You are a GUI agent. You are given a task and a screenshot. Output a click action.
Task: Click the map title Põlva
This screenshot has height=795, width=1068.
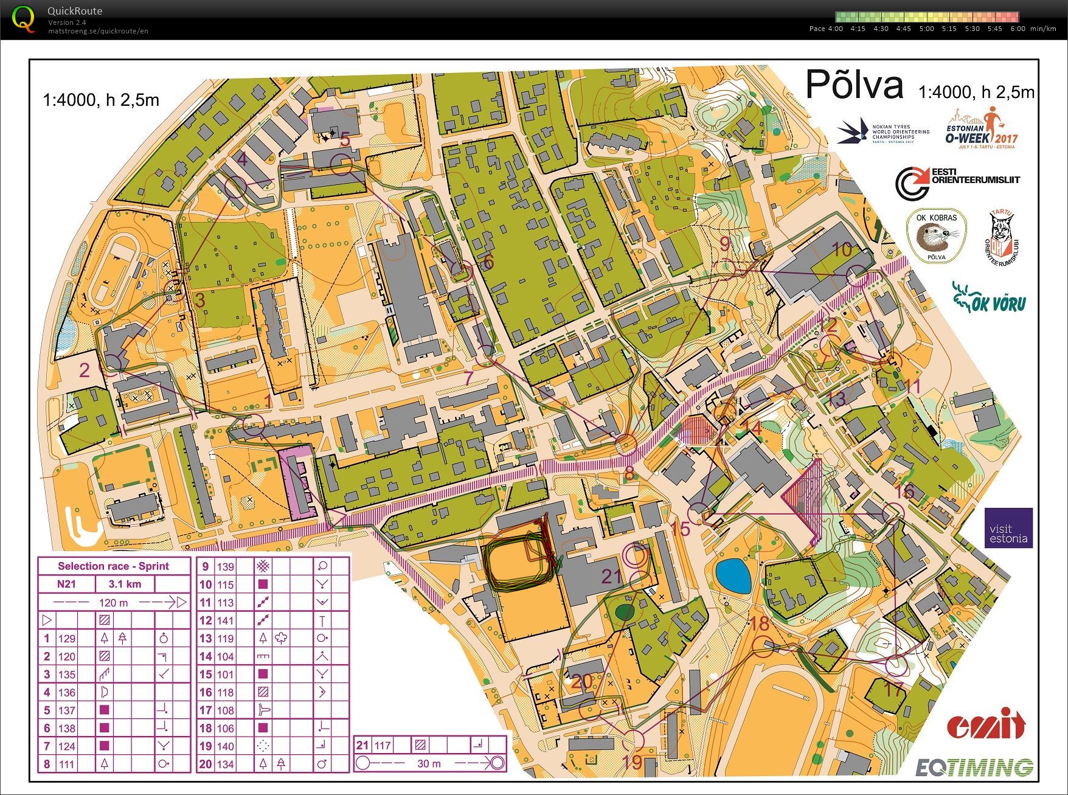[854, 85]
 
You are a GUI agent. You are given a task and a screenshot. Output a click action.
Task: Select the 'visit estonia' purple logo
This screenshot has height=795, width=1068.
[1008, 528]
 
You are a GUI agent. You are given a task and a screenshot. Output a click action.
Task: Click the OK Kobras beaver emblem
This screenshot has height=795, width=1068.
[936, 236]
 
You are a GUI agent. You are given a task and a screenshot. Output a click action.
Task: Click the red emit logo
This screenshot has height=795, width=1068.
[985, 724]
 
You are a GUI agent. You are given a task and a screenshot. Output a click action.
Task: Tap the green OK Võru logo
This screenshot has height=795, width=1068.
[989, 298]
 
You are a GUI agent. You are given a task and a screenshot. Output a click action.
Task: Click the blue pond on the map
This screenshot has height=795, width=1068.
[733, 575]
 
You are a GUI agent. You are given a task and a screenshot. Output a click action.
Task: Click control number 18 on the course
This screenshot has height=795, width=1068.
[760, 623]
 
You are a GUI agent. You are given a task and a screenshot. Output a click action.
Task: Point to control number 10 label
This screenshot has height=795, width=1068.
[842, 249]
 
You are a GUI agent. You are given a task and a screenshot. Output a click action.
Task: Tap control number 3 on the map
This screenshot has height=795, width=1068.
[199, 300]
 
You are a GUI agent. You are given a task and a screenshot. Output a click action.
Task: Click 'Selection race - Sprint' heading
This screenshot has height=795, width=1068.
[114, 566]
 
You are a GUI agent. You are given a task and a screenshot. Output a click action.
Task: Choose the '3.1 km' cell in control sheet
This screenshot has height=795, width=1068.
[125, 585]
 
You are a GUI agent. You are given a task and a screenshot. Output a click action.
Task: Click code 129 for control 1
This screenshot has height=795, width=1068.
[66, 639]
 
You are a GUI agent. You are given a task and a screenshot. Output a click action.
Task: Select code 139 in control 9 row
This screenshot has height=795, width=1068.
[225, 567]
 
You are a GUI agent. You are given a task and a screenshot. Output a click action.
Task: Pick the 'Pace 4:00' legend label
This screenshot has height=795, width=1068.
[826, 29]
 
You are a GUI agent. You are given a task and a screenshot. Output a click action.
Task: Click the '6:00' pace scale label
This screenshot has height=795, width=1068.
[1018, 29]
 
